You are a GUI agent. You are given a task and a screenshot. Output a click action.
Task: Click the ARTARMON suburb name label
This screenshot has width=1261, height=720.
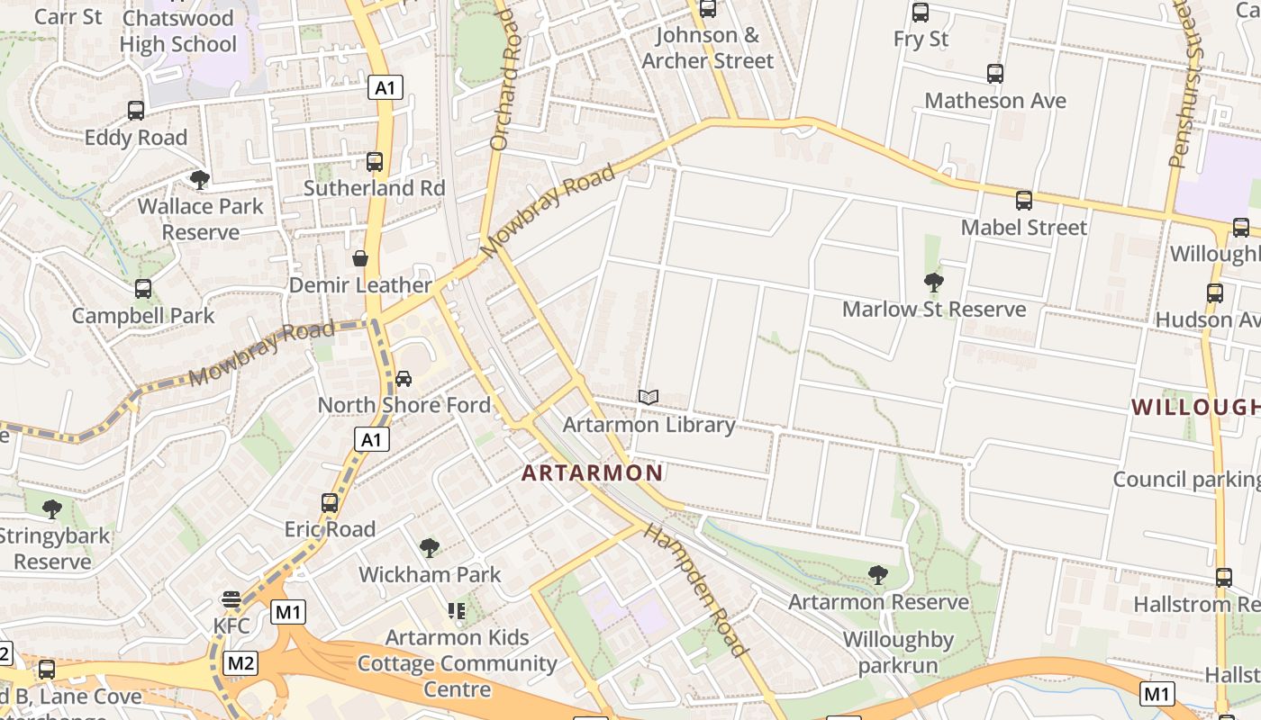(592, 472)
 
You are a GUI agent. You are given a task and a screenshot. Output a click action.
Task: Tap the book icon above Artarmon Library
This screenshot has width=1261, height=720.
(649, 397)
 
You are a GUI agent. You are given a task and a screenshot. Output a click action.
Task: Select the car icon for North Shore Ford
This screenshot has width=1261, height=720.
(404, 378)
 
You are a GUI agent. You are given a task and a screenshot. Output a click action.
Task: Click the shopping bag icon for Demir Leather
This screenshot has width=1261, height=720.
(360, 258)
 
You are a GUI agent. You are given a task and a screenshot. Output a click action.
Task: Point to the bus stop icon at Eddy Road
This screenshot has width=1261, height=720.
(136, 111)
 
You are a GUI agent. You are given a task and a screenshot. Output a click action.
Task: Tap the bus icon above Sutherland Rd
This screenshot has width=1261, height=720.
(375, 162)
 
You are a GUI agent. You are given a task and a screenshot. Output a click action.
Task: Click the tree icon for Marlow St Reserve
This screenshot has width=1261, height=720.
(934, 283)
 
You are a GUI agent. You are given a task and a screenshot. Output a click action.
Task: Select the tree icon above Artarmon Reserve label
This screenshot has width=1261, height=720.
(878, 574)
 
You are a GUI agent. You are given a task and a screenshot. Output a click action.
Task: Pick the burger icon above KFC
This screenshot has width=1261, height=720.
(231, 599)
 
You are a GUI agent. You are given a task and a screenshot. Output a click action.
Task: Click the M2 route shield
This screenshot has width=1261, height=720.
(240, 663)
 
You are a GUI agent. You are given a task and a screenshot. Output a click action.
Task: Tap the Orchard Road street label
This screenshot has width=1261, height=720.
(506, 79)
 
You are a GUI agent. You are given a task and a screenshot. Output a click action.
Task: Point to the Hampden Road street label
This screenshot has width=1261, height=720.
(695, 589)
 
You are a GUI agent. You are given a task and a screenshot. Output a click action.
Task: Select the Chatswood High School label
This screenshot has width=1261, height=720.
(177, 31)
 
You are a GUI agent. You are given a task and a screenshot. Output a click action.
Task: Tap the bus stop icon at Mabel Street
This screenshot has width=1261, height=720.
(1024, 200)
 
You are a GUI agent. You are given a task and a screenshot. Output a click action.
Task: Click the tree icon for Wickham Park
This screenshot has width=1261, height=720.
(430, 547)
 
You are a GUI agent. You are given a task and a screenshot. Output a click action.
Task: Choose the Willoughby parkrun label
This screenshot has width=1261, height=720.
(898, 652)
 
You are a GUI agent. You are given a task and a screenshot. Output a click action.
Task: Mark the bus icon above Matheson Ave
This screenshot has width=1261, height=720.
(995, 74)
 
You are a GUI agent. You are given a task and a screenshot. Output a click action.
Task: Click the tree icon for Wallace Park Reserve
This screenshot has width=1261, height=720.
(200, 179)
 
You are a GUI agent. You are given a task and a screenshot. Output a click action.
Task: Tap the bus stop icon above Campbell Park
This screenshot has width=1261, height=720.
(143, 289)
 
